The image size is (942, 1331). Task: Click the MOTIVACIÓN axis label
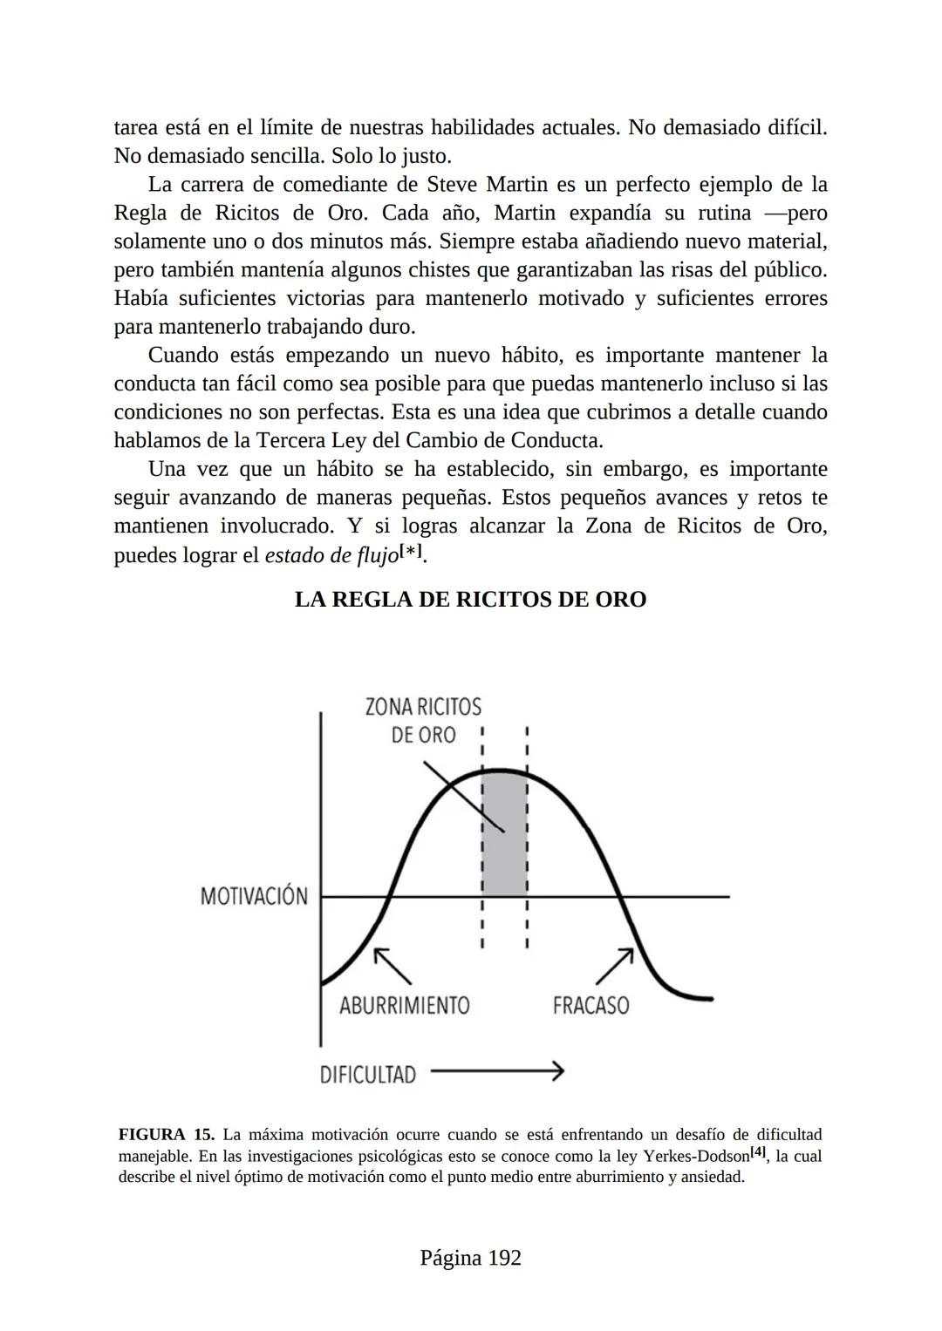(x=254, y=896)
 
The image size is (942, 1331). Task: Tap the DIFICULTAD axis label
(x=367, y=1075)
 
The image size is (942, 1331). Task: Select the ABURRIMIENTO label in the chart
(x=404, y=1005)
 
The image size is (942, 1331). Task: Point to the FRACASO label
(x=590, y=1005)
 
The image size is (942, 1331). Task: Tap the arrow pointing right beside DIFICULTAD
(x=497, y=1071)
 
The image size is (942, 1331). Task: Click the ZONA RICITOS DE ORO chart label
(x=423, y=720)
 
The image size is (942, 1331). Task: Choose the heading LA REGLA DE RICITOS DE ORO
(x=470, y=600)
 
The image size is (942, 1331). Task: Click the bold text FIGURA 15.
(x=166, y=1135)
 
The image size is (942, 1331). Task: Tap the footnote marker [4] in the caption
(x=759, y=1152)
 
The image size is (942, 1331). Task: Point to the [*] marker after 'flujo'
(x=412, y=552)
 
